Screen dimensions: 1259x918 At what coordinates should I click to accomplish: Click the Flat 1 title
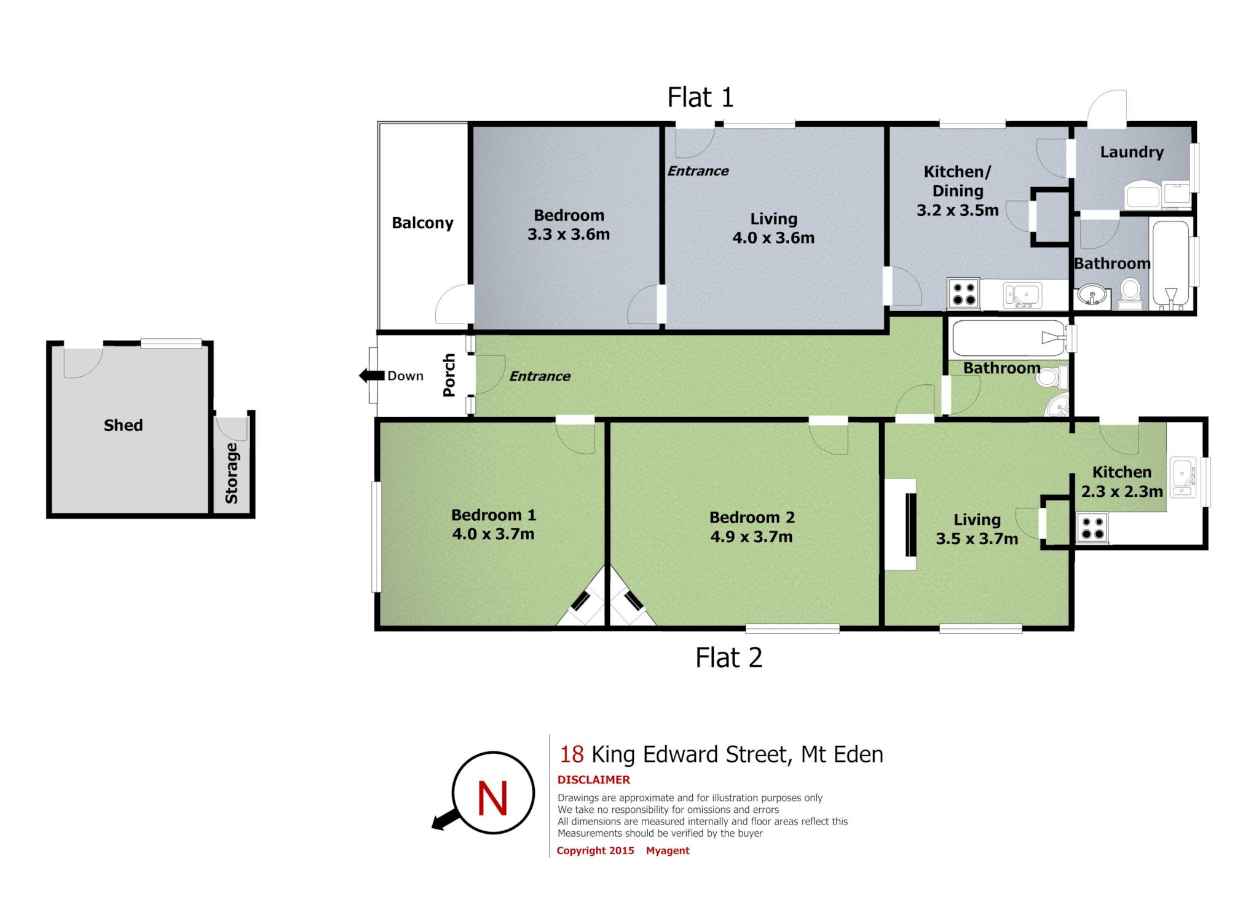(x=700, y=97)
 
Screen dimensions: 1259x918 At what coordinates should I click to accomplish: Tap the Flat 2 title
(x=728, y=658)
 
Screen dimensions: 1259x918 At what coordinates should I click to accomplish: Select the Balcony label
(x=422, y=223)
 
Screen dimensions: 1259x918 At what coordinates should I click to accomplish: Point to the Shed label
(x=123, y=425)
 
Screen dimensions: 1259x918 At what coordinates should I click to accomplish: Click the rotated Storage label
(x=232, y=473)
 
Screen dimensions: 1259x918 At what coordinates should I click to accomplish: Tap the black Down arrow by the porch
(x=372, y=375)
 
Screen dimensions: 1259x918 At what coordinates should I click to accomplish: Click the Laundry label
(x=1132, y=152)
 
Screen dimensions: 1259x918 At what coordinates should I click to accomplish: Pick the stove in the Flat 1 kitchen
(x=964, y=293)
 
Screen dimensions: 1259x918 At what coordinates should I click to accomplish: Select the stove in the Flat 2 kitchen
(x=1092, y=528)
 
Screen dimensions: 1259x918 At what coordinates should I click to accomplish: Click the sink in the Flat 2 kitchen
(x=1183, y=477)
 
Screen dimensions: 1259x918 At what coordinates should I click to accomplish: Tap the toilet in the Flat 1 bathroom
(x=1130, y=295)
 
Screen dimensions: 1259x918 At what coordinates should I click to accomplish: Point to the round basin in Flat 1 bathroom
(x=1092, y=296)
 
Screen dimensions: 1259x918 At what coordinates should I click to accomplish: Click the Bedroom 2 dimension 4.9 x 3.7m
(x=751, y=537)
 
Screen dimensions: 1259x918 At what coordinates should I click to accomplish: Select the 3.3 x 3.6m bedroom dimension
(x=569, y=234)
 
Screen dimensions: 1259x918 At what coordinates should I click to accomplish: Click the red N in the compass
(x=492, y=798)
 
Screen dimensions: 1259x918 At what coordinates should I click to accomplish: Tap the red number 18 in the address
(x=571, y=754)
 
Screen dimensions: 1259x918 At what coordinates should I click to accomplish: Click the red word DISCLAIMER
(x=593, y=780)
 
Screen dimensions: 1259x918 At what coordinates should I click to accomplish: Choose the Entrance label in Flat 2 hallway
(x=540, y=376)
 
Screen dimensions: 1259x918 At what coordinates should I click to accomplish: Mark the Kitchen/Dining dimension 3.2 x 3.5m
(x=958, y=210)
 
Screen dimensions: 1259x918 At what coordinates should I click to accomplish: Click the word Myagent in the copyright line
(x=668, y=850)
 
